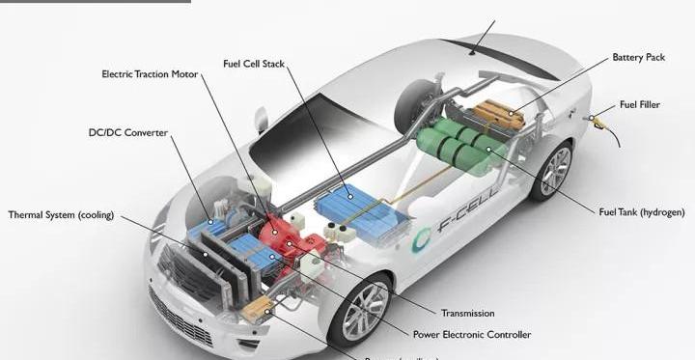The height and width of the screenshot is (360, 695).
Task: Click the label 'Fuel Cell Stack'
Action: (260, 64)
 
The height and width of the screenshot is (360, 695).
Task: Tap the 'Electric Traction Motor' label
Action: (151, 74)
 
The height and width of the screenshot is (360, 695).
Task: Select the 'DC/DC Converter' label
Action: (127, 132)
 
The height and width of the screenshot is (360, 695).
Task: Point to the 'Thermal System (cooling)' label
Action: (61, 214)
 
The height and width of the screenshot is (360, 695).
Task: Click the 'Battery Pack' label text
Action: (638, 58)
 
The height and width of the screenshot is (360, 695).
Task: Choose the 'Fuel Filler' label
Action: (639, 104)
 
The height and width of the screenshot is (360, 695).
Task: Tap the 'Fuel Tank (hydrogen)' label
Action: (641, 211)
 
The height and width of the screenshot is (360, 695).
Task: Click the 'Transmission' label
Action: (467, 313)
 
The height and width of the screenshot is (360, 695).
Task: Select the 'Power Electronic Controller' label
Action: (471, 335)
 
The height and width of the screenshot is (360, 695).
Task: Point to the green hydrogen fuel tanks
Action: (459, 144)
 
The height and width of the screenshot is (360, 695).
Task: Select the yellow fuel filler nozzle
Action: (599, 122)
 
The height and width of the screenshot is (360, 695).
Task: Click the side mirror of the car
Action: (261, 118)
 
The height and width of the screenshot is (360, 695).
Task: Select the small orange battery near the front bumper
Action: (256, 310)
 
